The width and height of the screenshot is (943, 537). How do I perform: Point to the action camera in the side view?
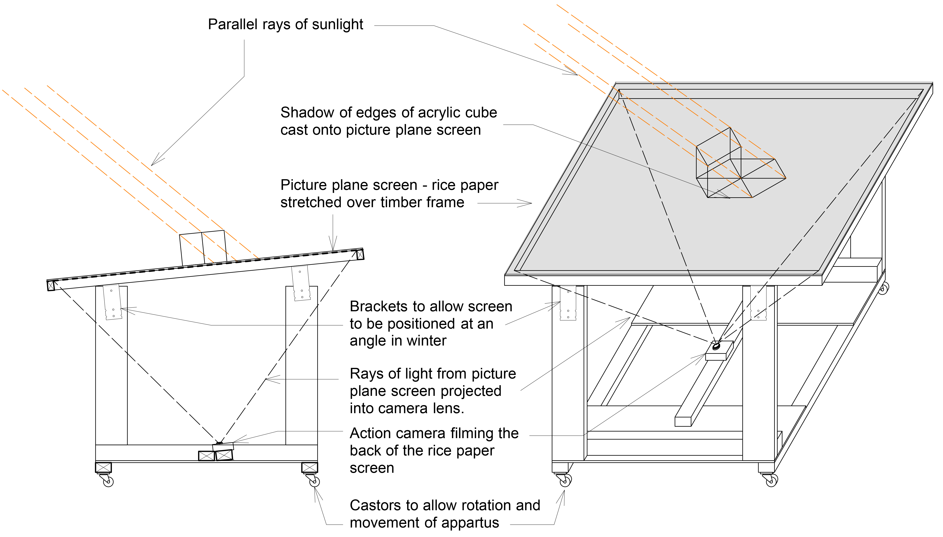click(223, 446)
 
